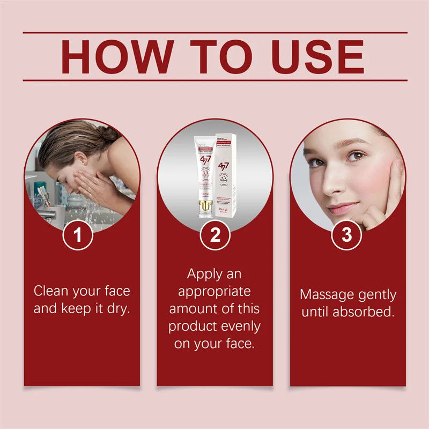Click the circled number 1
pos(79,235)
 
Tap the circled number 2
pos(214,235)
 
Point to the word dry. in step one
pos(117,309)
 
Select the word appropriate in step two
pos(214,292)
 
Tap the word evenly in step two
pos(239,326)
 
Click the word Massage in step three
pos(324,295)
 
